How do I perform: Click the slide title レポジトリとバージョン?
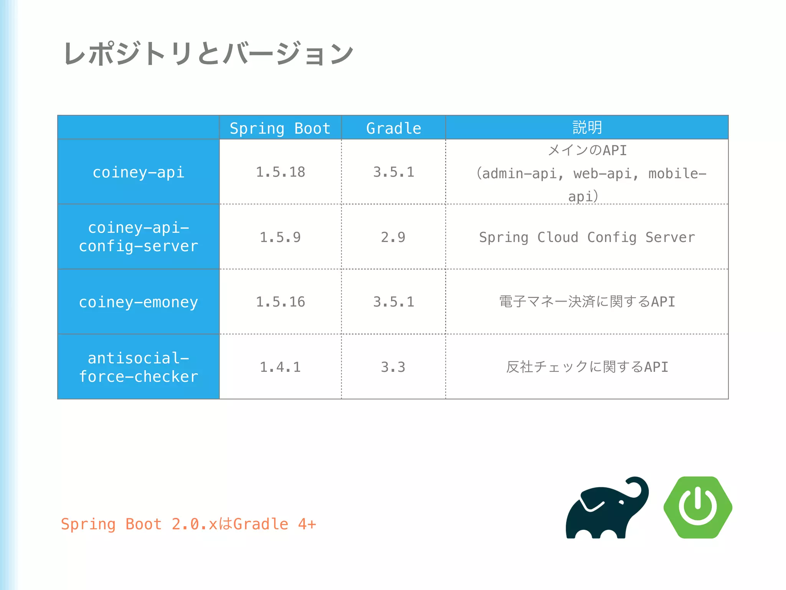click(208, 54)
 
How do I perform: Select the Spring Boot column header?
click(280, 128)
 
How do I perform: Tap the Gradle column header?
click(393, 128)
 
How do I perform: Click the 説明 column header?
click(587, 127)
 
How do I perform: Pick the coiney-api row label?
click(139, 172)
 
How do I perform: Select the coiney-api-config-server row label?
click(139, 237)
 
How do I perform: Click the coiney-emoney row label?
click(139, 302)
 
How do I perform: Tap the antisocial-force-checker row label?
click(139, 367)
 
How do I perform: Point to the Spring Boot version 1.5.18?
click(280, 172)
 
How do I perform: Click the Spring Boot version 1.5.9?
click(280, 237)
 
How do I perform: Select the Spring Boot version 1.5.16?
click(280, 302)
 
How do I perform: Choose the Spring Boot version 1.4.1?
click(280, 367)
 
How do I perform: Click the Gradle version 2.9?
click(393, 237)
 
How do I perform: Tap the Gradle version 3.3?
click(393, 367)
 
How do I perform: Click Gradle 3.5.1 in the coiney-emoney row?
click(393, 302)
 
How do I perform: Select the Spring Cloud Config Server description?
click(587, 237)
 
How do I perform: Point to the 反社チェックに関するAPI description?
click(587, 367)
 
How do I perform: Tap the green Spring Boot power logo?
click(698, 507)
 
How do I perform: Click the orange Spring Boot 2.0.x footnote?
click(188, 524)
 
